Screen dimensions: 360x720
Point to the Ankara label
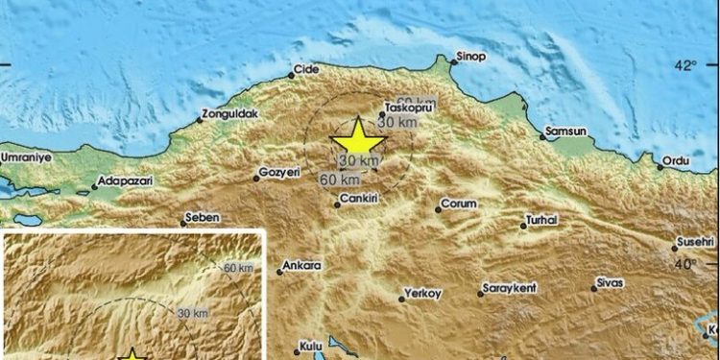302,265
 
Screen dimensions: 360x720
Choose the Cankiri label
359,203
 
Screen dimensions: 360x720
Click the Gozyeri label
280,173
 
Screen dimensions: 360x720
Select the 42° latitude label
684,65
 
